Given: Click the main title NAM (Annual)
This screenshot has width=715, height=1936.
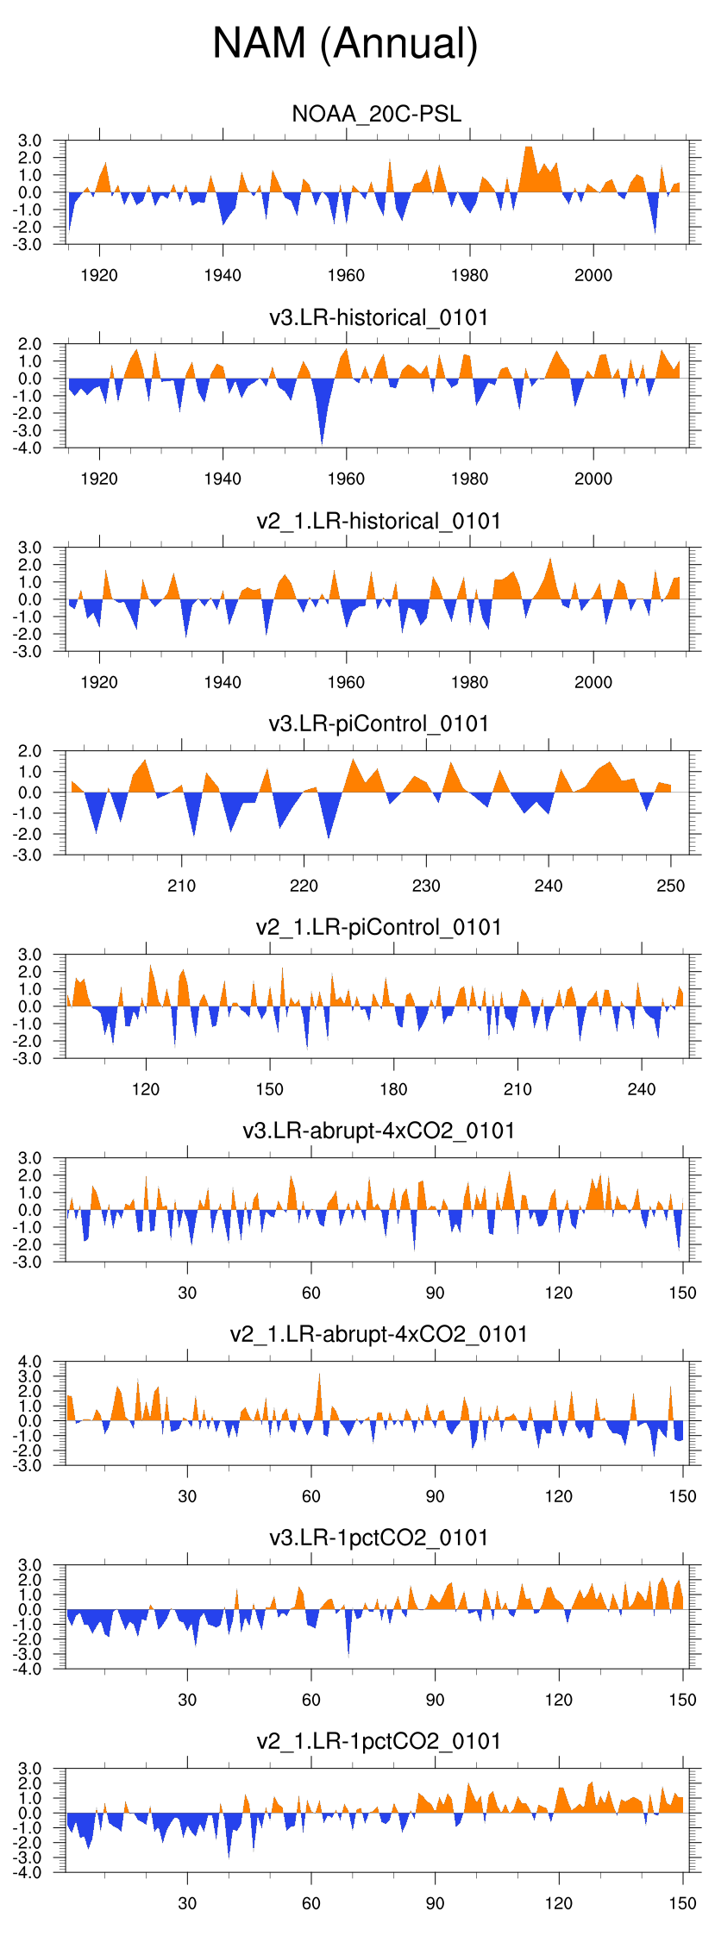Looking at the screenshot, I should click(345, 43).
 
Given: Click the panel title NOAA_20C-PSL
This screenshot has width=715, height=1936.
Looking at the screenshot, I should click(377, 114).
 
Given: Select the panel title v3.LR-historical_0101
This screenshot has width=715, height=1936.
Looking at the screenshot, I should click(379, 317).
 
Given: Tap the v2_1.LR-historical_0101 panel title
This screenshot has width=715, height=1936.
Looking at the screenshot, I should click(379, 521).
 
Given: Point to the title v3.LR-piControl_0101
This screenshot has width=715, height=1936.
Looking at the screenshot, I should click(379, 724).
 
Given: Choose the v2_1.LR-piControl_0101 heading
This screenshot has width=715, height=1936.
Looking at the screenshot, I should click(379, 927).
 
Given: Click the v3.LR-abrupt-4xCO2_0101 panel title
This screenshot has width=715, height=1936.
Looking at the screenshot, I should click(379, 1131).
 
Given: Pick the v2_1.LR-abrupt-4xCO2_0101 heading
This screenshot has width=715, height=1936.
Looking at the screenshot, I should click(379, 1334).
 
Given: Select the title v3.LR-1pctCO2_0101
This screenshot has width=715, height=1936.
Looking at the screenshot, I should click(379, 1538).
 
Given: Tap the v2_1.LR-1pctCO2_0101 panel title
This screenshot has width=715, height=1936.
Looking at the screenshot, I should click(379, 1741).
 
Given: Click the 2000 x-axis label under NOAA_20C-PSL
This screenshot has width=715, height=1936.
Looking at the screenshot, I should click(593, 275).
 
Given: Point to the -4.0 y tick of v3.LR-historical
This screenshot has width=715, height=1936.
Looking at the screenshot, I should click(28, 448).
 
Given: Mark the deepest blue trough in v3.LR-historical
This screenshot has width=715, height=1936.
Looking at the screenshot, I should click(323, 443).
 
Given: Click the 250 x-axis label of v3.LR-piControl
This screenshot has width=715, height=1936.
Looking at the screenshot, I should click(671, 886).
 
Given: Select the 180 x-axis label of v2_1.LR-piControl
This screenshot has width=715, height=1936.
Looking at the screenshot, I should click(393, 1089).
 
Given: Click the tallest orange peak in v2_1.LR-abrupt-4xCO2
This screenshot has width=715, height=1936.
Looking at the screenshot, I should click(319, 1375).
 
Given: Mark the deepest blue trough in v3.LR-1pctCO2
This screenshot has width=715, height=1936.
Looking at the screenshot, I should click(348, 1655).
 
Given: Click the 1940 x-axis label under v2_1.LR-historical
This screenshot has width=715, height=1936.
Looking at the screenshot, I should click(223, 682).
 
